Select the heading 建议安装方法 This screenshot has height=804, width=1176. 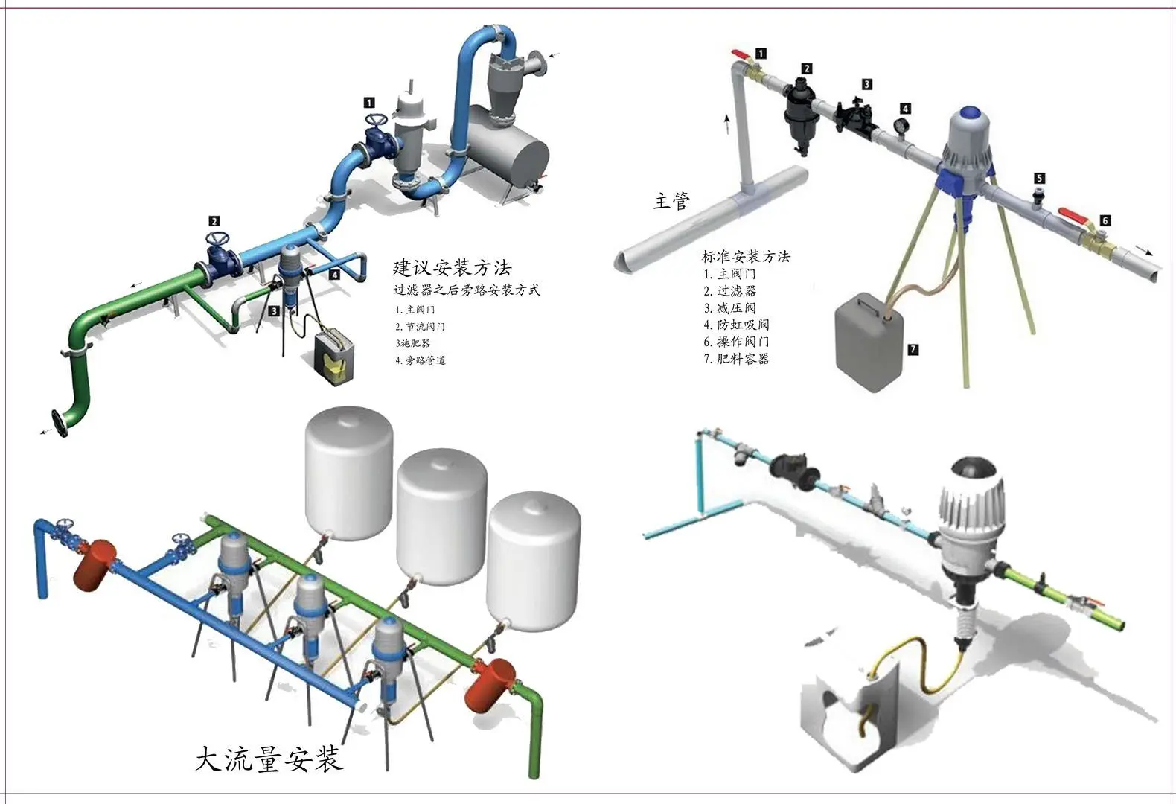click(x=452, y=267)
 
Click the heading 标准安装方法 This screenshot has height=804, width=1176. click(x=746, y=256)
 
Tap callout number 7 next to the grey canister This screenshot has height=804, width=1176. click(x=913, y=348)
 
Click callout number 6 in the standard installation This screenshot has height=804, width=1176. click(x=1105, y=220)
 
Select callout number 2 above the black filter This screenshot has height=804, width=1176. click(x=807, y=68)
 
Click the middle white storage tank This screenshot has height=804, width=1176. click(x=441, y=517)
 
